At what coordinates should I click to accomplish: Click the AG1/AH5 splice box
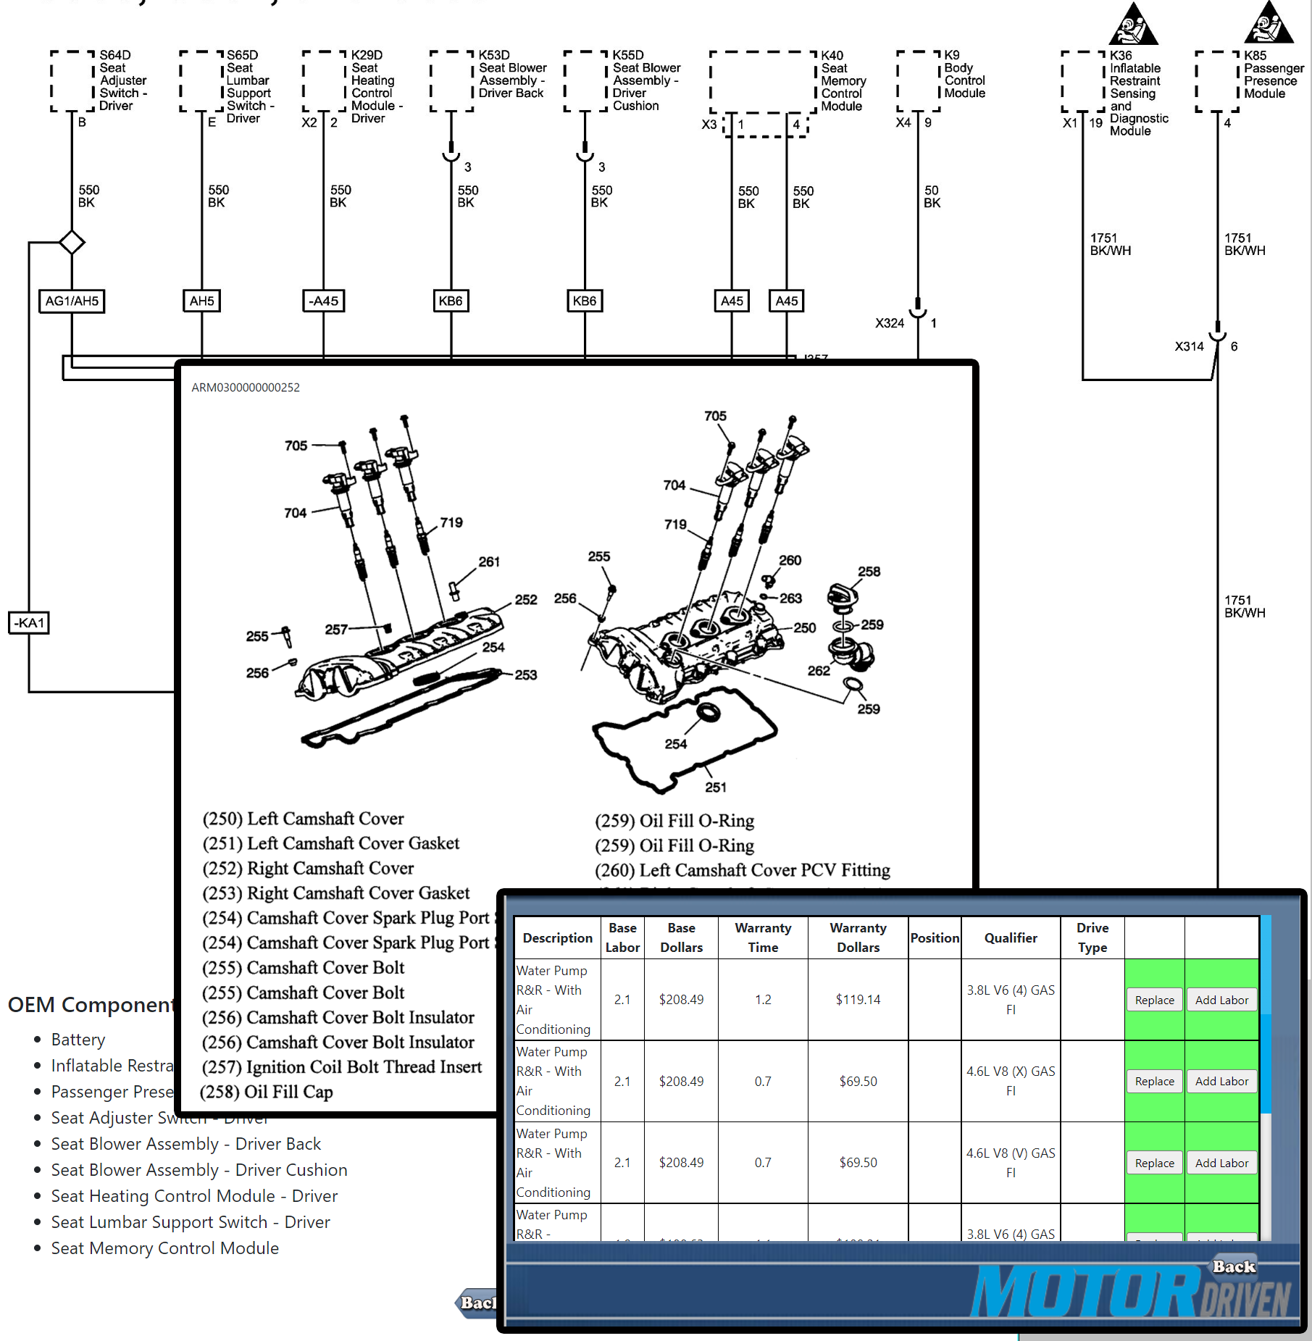[x=71, y=301]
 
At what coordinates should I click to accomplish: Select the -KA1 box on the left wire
[x=29, y=623]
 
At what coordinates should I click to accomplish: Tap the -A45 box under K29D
[x=323, y=301]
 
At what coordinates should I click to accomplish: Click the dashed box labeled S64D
[x=72, y=80]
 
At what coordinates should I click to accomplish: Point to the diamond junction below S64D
[x=72, y=242]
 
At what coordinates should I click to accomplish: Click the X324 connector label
[x=890, y=323]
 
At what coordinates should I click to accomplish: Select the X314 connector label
[x=1189, y=346]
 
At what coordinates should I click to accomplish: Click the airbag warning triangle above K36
[x=1132, y=25]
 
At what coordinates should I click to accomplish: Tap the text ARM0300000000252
[x=246, y=388]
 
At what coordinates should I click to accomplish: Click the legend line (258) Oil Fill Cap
[x=267, y=1092]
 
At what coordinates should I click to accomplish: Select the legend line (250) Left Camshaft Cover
[x=304, y=819]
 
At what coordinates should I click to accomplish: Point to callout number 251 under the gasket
[x=716, y=787]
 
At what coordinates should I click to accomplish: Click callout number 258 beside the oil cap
[x=869, y=571]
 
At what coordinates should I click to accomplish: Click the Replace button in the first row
[x=1154, y=1000]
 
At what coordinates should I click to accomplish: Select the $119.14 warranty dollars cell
[x=858, y=1000]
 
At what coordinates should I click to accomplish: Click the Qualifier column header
[x=1010, y=937]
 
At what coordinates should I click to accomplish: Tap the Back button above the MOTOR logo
[x=1234, y=1266]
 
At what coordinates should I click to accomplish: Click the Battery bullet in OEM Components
[x=78, y=1040]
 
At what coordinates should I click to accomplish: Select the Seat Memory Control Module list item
[x=164, y=1248]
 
